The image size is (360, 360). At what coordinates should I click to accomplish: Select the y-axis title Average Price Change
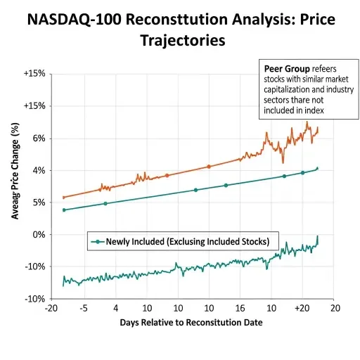pos(15,170)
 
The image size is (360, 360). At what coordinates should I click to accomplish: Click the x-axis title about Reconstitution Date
pos(191,322)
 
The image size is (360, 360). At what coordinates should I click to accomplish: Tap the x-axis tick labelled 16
pos(240,308)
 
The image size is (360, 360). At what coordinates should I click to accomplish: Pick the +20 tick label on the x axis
pos(302,308)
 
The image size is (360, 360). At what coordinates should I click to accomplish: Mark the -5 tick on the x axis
pos(83,308)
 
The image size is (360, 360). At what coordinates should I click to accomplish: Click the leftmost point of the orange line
pos(64,198)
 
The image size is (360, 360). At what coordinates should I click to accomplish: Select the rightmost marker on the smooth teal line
pos(318,169)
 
